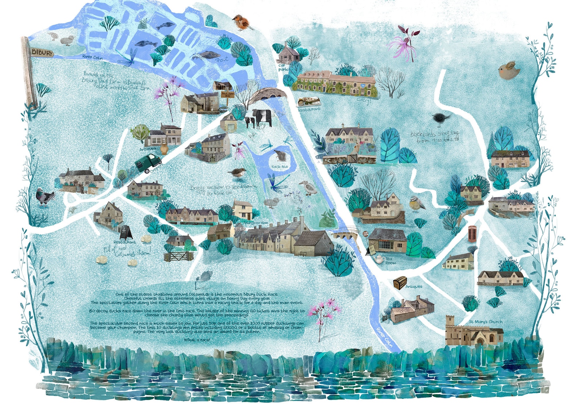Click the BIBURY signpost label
point(42,52)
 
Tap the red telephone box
point(473,234)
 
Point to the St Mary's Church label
point(485,322)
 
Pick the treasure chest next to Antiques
point(400,282)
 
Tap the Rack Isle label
point(279,166)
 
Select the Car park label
point(283,68)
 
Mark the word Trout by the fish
point(221,60)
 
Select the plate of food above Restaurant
point(309,102)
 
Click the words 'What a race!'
point(197,340)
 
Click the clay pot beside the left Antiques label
point(163,149)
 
